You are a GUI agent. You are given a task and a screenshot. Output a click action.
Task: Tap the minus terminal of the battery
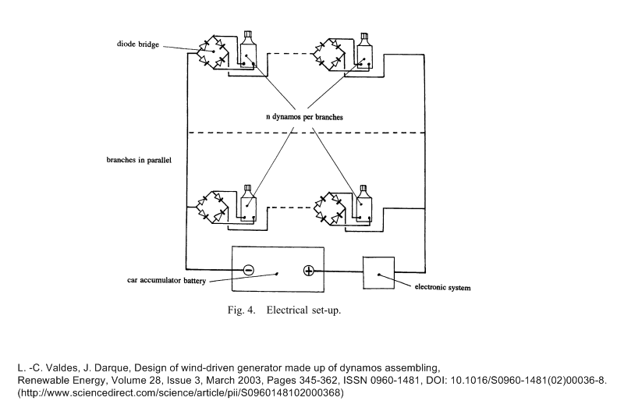(248, 270)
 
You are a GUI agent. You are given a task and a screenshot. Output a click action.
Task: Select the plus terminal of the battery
(308, 270)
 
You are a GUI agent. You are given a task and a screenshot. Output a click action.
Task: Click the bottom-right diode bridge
(328, 208)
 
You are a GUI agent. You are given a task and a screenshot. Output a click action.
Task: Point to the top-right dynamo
(364, 50)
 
